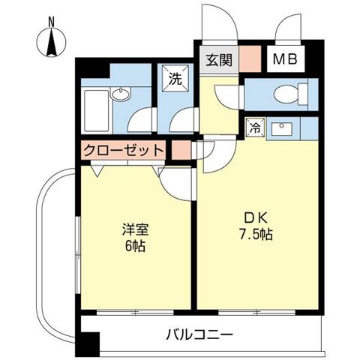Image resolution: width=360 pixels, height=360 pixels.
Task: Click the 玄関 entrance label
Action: [x=218, y=58]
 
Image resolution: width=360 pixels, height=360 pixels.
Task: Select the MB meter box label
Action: [x=288, y=58]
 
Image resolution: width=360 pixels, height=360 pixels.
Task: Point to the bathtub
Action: [x=97, y=109]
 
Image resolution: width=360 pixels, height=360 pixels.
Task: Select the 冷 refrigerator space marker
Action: [x=253, y=128]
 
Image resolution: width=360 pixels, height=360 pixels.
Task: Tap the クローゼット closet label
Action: [x=124, y=150]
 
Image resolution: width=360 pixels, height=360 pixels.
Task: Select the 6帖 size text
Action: [x=134, y=246]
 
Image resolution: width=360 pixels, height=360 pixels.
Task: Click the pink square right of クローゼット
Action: [x=180, y=149]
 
